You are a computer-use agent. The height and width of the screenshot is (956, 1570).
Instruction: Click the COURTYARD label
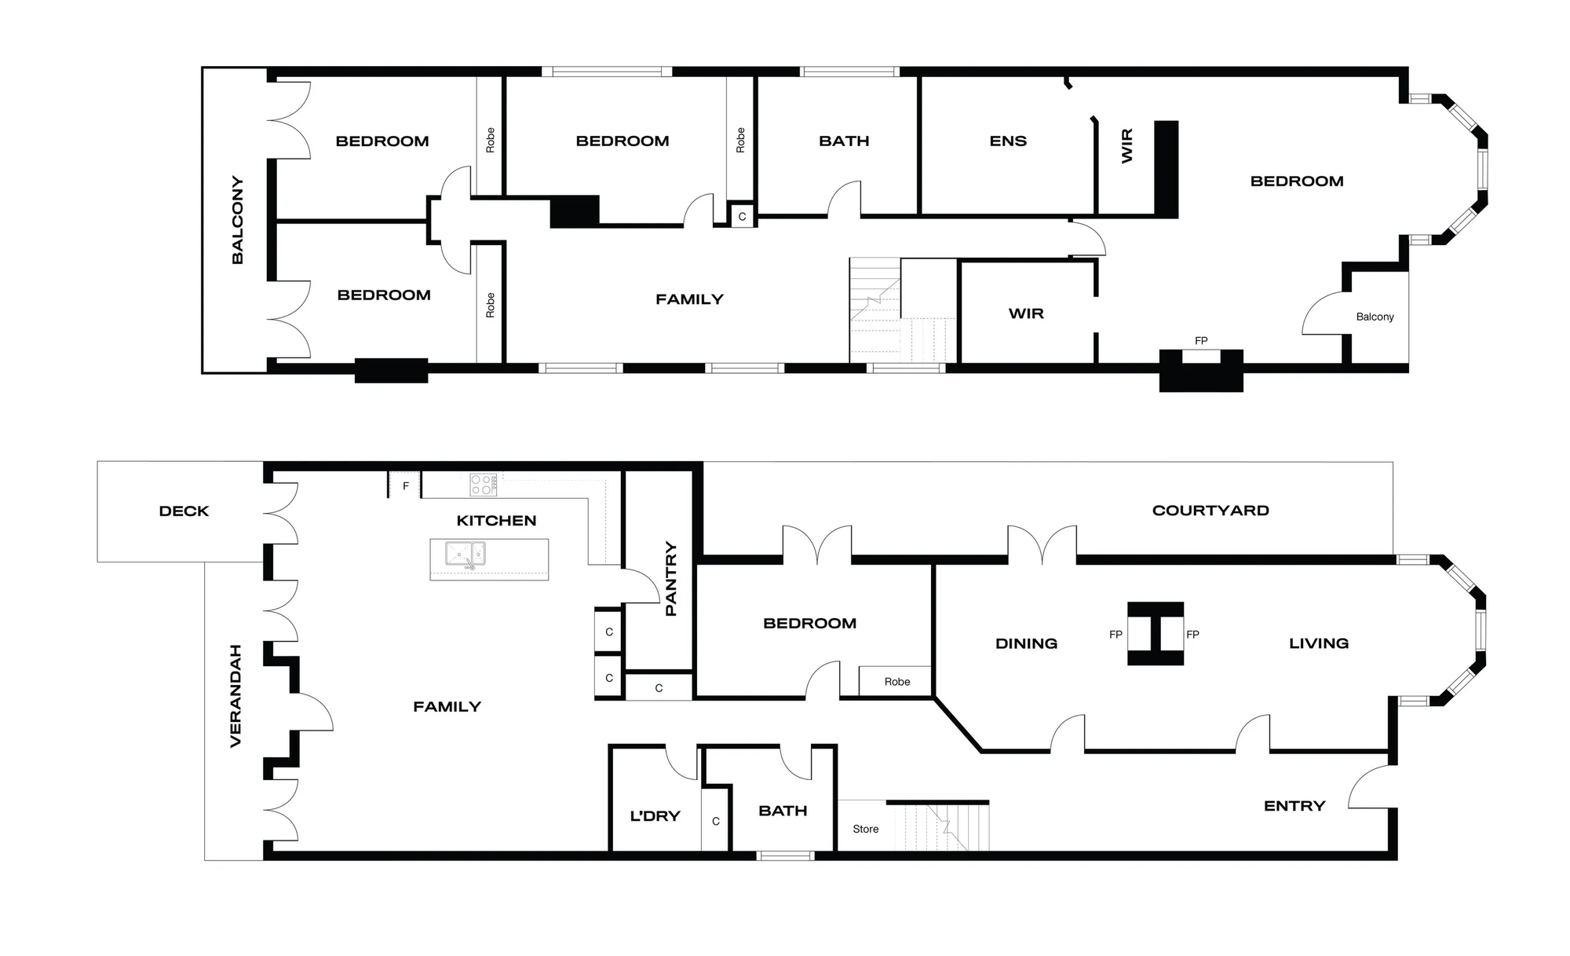point(1210,511)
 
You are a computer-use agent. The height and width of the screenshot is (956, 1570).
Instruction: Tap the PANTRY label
point(670,578)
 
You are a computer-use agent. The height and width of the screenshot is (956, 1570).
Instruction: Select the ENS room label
point(1008,141)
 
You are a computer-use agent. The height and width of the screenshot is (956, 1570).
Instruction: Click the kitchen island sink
point(466,555)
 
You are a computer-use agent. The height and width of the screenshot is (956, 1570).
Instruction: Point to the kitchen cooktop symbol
point(483,485)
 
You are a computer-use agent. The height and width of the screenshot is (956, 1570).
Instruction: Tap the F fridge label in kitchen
point(406,486)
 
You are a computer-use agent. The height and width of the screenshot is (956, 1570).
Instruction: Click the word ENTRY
point(1294,806)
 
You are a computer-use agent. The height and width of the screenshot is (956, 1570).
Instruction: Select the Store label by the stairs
point(866,829)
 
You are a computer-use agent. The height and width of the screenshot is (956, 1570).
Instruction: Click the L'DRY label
point(655,816)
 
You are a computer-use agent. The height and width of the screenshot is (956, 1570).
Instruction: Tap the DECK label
point(184,511)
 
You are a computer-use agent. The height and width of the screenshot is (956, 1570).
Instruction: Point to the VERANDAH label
point(235,696)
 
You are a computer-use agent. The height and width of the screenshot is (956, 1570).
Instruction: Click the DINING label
point(1026,643)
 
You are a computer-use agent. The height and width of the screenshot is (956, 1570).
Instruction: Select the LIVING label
point(1319,643)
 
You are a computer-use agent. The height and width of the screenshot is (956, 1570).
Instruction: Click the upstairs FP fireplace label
point(1201,341)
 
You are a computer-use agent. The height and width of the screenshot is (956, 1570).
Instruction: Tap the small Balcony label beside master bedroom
point(1375,317)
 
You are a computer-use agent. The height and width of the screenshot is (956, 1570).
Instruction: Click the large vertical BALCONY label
point(238,220)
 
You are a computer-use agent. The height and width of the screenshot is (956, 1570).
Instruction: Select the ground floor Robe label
point(897,682)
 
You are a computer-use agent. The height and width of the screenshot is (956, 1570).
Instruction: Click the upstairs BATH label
point(844,141)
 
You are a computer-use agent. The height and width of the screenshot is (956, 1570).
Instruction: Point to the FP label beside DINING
point(1115,635)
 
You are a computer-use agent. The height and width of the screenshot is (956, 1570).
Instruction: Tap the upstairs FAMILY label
point(689,299)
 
